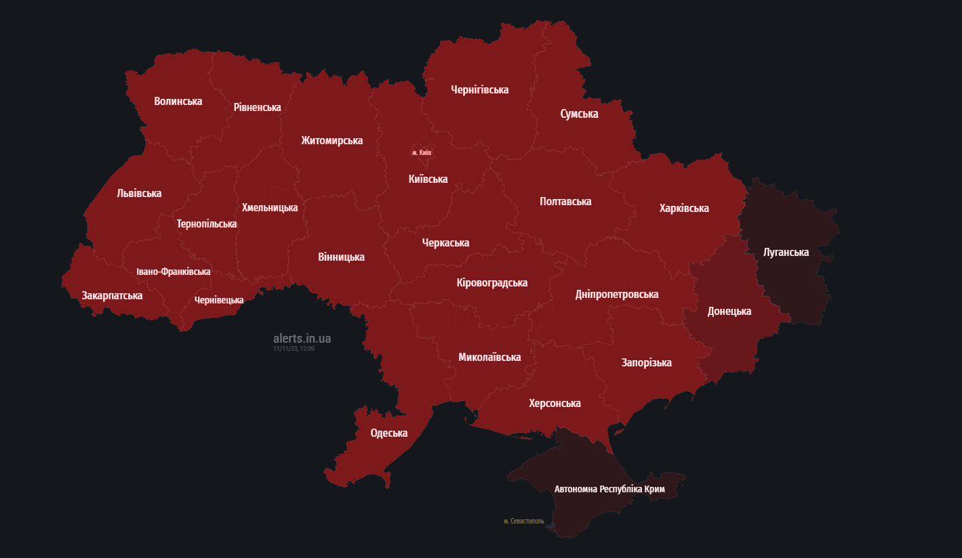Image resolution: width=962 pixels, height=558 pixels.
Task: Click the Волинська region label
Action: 178,102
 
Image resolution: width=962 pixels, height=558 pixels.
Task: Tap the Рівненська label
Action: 257,108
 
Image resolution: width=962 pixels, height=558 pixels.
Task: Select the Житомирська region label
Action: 332,141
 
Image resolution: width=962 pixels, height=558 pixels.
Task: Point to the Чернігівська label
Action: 479,90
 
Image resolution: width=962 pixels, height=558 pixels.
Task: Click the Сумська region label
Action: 579,114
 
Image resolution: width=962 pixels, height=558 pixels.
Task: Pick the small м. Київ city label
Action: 422,153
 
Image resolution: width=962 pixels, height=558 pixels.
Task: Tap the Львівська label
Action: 139,194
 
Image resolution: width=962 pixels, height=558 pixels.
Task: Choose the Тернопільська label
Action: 206,224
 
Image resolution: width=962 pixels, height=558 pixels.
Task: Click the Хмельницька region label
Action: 269,208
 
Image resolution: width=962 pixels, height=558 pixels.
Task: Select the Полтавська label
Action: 565,202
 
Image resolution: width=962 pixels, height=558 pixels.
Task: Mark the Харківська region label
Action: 683,209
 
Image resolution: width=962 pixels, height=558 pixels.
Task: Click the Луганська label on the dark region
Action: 786,253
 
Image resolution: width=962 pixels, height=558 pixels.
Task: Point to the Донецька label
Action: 729,312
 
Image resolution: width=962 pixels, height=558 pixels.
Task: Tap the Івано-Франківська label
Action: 173,272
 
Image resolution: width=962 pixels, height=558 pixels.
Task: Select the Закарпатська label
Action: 112,296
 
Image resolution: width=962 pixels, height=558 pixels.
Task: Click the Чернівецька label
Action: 218,300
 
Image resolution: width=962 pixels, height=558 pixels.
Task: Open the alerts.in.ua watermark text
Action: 302,339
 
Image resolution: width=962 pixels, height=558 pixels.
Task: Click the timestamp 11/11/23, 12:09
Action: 294,349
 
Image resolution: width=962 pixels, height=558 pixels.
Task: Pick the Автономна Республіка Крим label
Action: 609,489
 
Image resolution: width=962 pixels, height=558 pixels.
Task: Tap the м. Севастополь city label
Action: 523,521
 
